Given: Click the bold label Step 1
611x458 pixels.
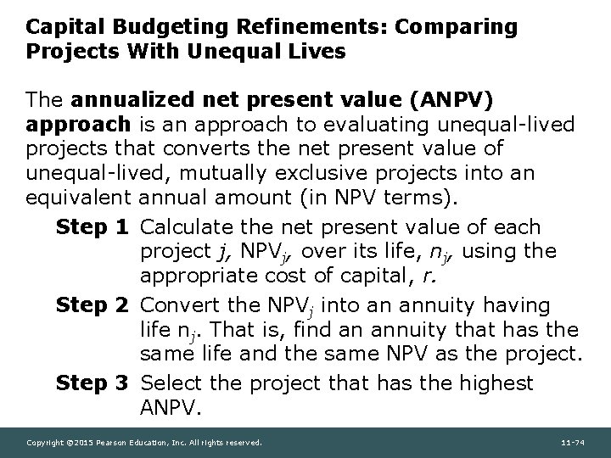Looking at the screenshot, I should click(x=94, y=227).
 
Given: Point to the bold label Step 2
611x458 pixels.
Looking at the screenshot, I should click(x=94, y=305).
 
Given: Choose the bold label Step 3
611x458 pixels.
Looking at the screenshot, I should click(x=94, y=383).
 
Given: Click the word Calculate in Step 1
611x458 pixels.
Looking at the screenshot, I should click(x=185, y=227).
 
